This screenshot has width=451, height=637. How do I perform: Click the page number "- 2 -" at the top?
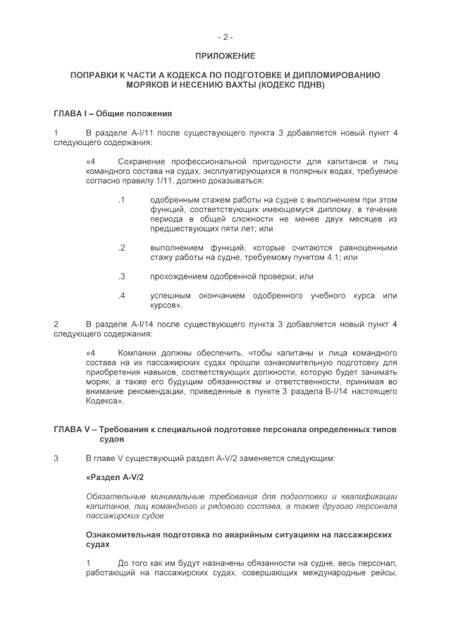tap(225, 37)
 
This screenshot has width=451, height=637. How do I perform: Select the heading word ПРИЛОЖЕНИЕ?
tap(225, 56)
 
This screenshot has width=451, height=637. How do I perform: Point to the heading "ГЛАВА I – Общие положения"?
tap(113, 113)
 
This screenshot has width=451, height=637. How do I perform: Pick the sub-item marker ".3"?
tap(121, 277)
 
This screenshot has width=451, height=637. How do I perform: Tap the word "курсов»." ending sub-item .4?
tap(167, 305)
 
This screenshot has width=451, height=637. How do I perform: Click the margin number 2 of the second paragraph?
tap(56, 324)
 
